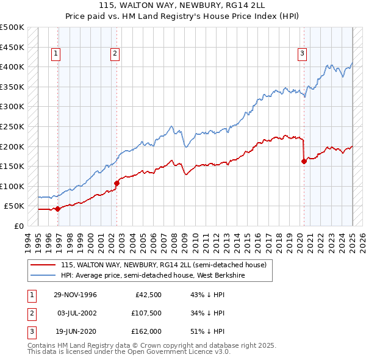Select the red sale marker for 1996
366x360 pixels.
point(58,209)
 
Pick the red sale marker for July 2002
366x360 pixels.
point(117,182)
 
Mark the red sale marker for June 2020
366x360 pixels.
point(304,161)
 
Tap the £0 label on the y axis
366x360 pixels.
point(20,226)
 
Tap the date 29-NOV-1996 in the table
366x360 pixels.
point(76,295)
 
